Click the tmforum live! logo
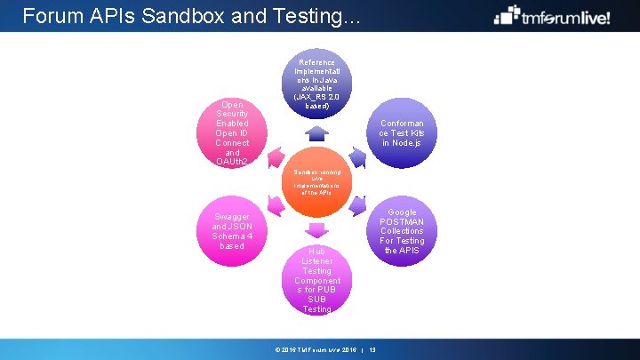[552, 16]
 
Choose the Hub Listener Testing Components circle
[317, 279]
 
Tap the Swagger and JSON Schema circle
[233, 231]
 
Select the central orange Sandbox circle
[317, 182]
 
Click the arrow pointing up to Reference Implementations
[317, 134]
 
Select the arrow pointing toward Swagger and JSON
[276, 207]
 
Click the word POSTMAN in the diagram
[402, 221]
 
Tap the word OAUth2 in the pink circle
[232, 161]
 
